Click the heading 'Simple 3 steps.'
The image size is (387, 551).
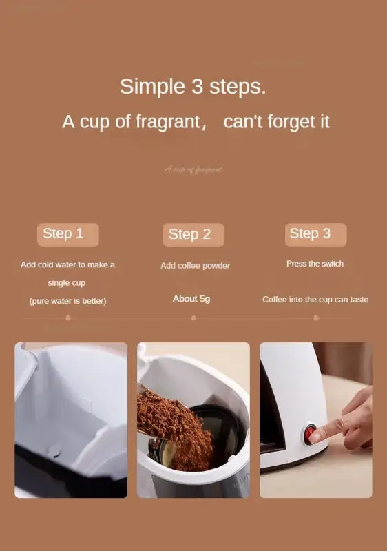tap(193, 87)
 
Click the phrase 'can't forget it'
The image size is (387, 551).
tap(277, 122)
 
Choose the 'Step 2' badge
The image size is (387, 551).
tap(193, 235)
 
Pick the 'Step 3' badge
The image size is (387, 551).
tap(315, 234)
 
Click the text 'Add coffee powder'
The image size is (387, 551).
tap(195, 266)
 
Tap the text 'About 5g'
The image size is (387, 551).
tap(191, 299)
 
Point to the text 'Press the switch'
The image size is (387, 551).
tap(315, 264)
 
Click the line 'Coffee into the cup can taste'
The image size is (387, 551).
tap(315, 300)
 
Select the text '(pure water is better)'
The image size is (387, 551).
tap(67, 301)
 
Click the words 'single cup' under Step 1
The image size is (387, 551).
tap(67, 283)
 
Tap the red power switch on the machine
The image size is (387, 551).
tap(311, 433)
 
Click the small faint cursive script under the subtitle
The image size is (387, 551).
tap(193, 169)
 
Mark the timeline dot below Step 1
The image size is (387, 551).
tap(67, 318)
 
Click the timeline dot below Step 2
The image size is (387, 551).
tap(193, 318)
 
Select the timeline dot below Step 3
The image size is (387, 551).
tap(316, 318)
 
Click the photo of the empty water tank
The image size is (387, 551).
tap(71, 420)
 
